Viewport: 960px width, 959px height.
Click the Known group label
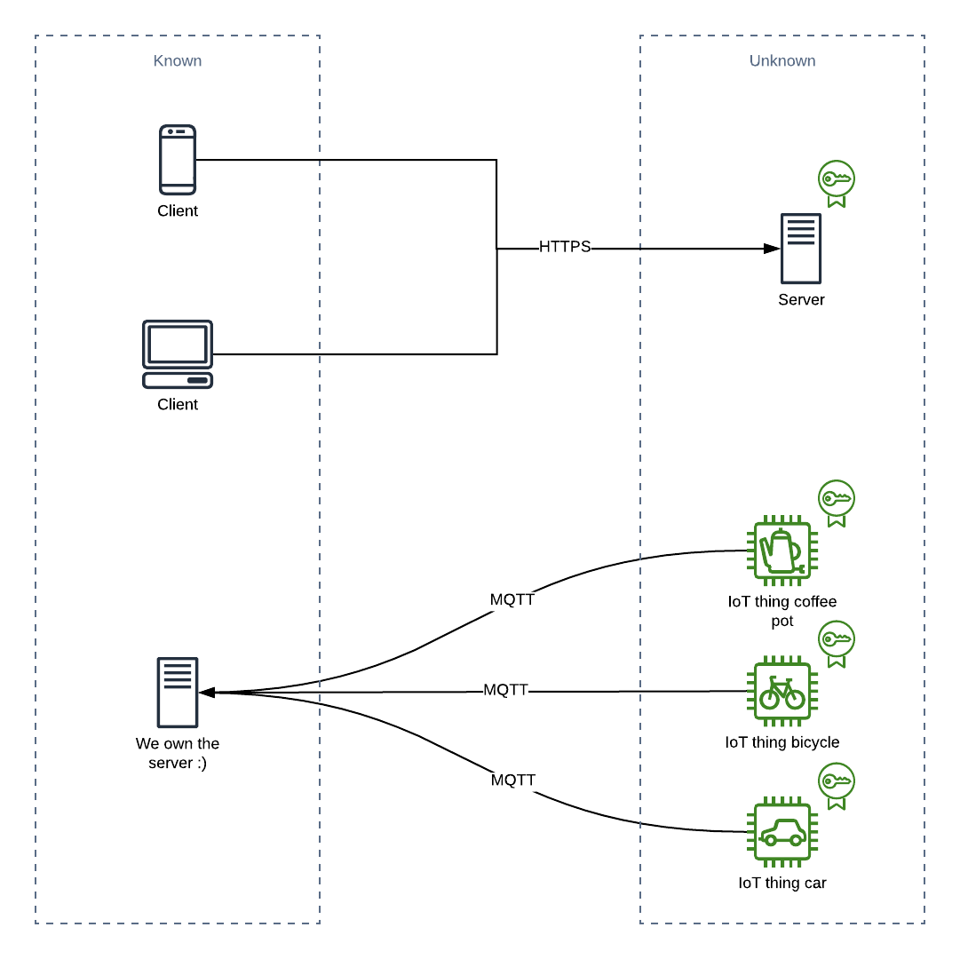(178, 61)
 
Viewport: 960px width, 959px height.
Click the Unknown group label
(781, 61)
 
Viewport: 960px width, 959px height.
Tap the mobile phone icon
(178, 160)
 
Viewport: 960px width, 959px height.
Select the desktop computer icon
(178, 354)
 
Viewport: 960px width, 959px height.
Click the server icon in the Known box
(178, 693)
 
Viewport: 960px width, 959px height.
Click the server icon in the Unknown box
(801, 249)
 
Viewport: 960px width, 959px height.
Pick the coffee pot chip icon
(782, 551)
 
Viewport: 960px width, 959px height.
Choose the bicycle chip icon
(782, 691)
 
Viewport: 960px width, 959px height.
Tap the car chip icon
(782, 831)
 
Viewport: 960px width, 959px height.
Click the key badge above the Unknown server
(837, 183)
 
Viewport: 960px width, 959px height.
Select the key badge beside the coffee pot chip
(837, 503)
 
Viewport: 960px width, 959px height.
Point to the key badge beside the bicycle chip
(837, 643)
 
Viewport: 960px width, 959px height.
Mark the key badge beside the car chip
(837, 785)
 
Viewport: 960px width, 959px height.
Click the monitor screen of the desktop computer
(178, 344)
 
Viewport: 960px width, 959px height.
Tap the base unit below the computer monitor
(178, 380)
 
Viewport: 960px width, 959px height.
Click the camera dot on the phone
(171, 131)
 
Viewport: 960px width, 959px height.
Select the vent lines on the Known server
(178, 674)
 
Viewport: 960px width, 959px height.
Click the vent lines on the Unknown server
(801, 231)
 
